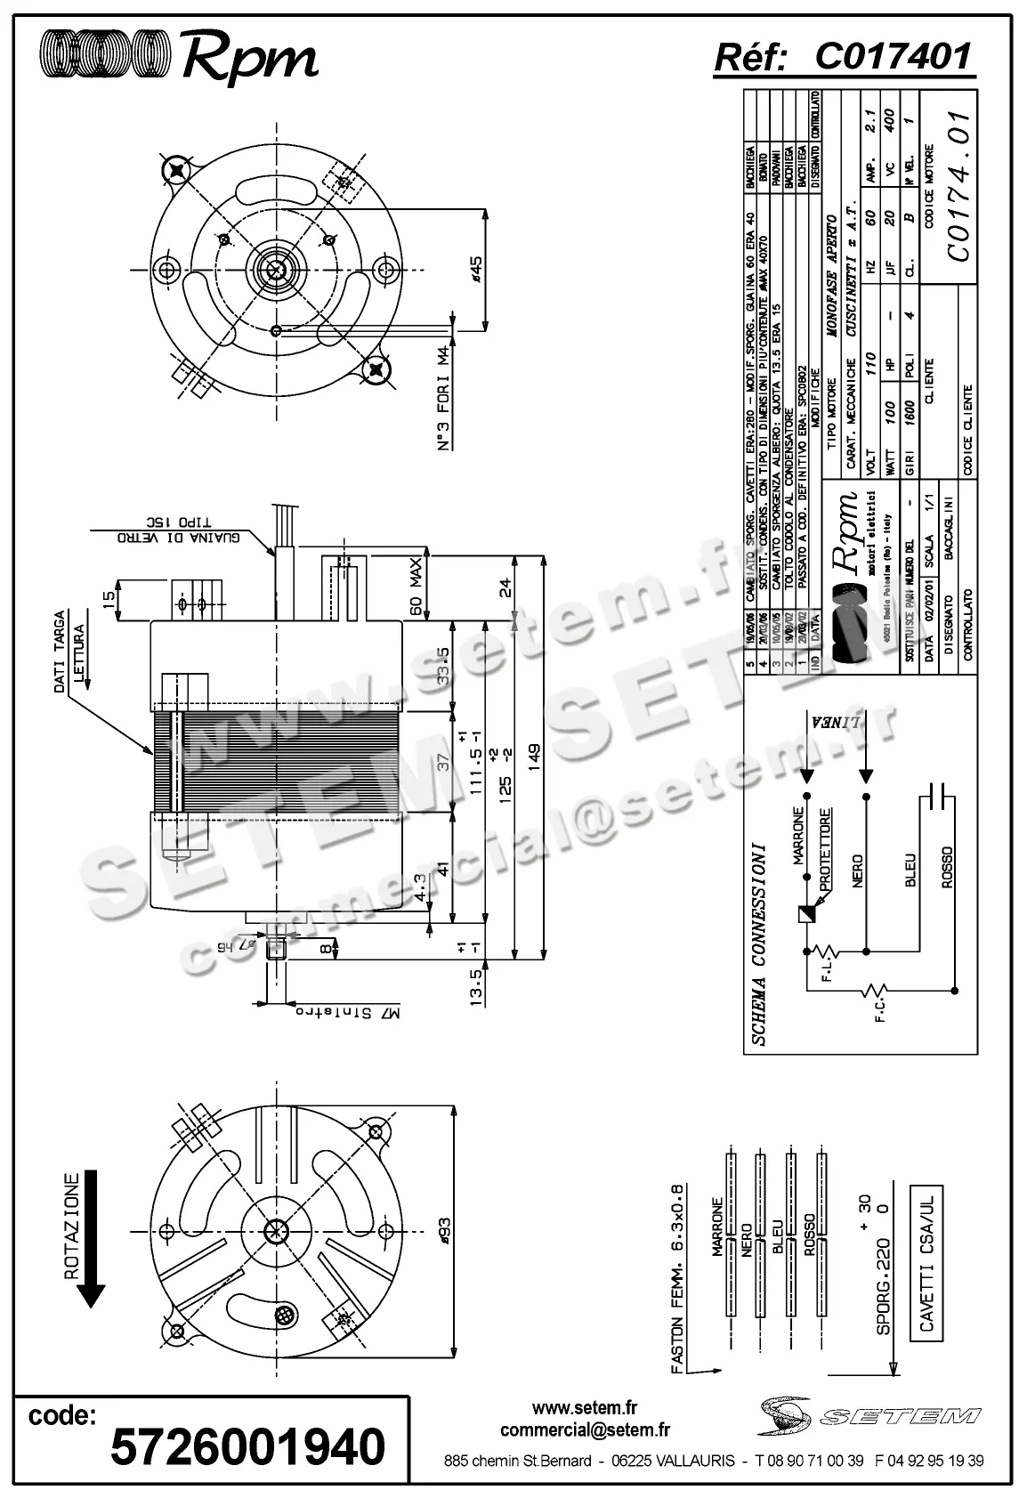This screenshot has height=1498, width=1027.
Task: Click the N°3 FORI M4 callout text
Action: pyautogui.click(x=445, y=398)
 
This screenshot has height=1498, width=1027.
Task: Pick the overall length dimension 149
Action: pyautogui.click(x=534, y=760)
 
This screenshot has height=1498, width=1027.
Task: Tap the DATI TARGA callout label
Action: pyautogui.click(x=60, y=652)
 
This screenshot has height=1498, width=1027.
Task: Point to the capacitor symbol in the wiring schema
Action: pyautogui.click(x=934, y=798)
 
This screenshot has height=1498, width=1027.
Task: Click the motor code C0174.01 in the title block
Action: pyautogui.click(x=958, y=186)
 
